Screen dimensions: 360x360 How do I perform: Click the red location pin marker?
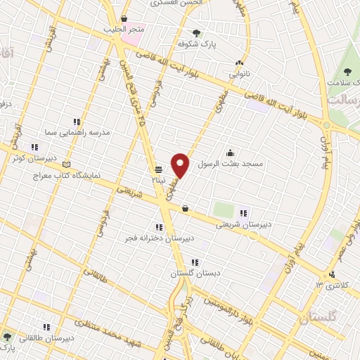181,165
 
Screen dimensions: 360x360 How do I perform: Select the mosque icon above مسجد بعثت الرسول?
230,153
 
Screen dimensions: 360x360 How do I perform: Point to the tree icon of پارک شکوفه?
196,32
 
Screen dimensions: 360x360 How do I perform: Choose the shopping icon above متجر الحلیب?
124,18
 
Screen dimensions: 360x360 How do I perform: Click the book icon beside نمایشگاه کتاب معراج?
67,163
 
